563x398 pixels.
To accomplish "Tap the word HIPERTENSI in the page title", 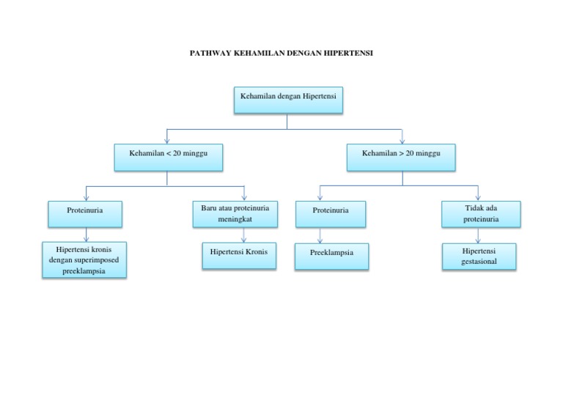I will pyautogui.click(x=348, y=53).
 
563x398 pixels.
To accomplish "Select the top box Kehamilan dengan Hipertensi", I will pyautogui.click(x=288, y=100).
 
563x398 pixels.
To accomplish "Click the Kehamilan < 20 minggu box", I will pyautogui.click(x=169, y=157).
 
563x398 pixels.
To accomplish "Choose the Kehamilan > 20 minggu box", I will pyautogui.click(x=401, y=157).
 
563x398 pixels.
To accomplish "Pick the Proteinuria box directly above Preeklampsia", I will pyautogui.click(x=331, y=213).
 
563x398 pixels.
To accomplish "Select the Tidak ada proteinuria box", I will pyautogui.click(x=481, y=214).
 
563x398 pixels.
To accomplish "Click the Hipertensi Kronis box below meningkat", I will pyautogui.click(x=239, y=255).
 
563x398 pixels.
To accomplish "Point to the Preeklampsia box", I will pyautogui.click(x=333, y=256).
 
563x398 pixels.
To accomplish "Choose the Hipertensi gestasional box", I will pyautogui.click(x=480, y=256).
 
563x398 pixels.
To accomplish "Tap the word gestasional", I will pyautogui.click(x=480, y=261).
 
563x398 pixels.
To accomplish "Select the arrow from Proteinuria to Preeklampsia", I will pyautogui.click(x=320, y=235).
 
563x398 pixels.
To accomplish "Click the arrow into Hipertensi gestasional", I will pyautogui.click(x=479, y=235).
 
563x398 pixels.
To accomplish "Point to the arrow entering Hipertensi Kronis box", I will pyautogui.click(x=243, y=235).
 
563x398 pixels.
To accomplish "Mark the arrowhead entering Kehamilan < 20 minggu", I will pyautogui.click(x=168, y=140).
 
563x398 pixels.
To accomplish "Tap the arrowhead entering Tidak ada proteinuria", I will pyautogui.click(x=479, y=197).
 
